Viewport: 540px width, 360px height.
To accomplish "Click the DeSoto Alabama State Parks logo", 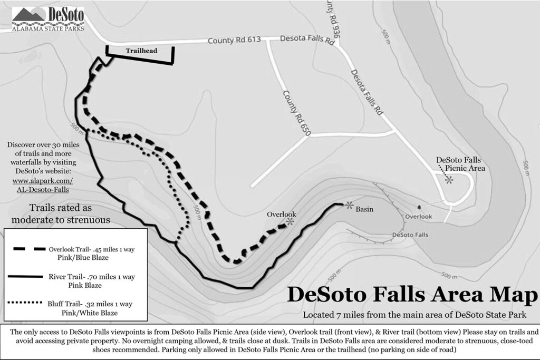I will pyautogui.click(x=48, y=20).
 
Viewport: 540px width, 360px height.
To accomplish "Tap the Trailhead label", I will pyautogui.click(x=140, y=51).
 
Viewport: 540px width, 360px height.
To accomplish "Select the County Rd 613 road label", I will pyautogui.click(x=234, y=40).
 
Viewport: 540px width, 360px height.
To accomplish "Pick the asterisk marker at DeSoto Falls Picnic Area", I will pyautogui.click(x=449, y=180).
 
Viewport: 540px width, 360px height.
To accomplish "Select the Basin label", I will pyautogui.click(x=364, y=209).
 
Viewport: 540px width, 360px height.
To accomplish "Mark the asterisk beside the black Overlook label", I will pyautogui.click(x=290, y=222).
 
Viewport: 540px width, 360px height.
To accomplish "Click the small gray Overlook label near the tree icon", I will pyautogui.click(x=419, y=217).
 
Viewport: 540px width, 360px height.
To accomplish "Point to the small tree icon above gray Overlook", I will pyautogui.click(x=419, y=207).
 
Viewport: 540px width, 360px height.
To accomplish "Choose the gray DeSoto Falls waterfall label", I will pyautogui.click(x=410, y=235).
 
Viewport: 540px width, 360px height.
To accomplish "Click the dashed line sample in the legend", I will pyautogui.click(x=27, y=249).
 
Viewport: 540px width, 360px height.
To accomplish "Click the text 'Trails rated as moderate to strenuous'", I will pyautogui.click(x=70, y=213).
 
